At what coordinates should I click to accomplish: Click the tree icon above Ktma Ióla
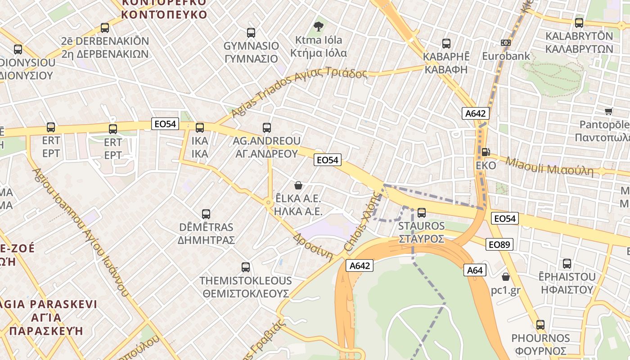(x=319, y=27)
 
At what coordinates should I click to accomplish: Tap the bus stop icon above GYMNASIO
(x=251, y=33)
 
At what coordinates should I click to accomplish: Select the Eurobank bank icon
(x=506, y=43)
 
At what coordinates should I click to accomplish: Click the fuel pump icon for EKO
(x=486, y=152)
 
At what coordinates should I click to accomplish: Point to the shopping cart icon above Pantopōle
(x=608, y=111)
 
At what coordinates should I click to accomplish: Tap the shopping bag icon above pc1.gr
(x=506, y=276)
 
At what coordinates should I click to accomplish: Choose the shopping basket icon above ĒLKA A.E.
(x=298, y=185)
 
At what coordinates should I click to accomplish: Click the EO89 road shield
(x=499, y=244)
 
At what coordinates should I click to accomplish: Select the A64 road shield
(x=475, y=270)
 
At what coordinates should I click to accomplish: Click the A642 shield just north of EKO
(x=475, y=113)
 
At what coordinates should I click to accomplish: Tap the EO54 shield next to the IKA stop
(x=165, y=124)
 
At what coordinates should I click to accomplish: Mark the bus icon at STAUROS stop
(x=422, y=212)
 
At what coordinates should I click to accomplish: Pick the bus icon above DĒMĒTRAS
(x=206, y=214)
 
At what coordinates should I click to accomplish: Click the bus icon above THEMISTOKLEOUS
(x=246, y=267)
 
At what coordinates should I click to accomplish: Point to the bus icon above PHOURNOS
(x=540, y=324)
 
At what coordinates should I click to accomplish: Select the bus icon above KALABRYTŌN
(x=579, y=22)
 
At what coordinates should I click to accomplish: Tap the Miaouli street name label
(x=549, y=166)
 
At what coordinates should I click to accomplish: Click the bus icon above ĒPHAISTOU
(x=567, y=264)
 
